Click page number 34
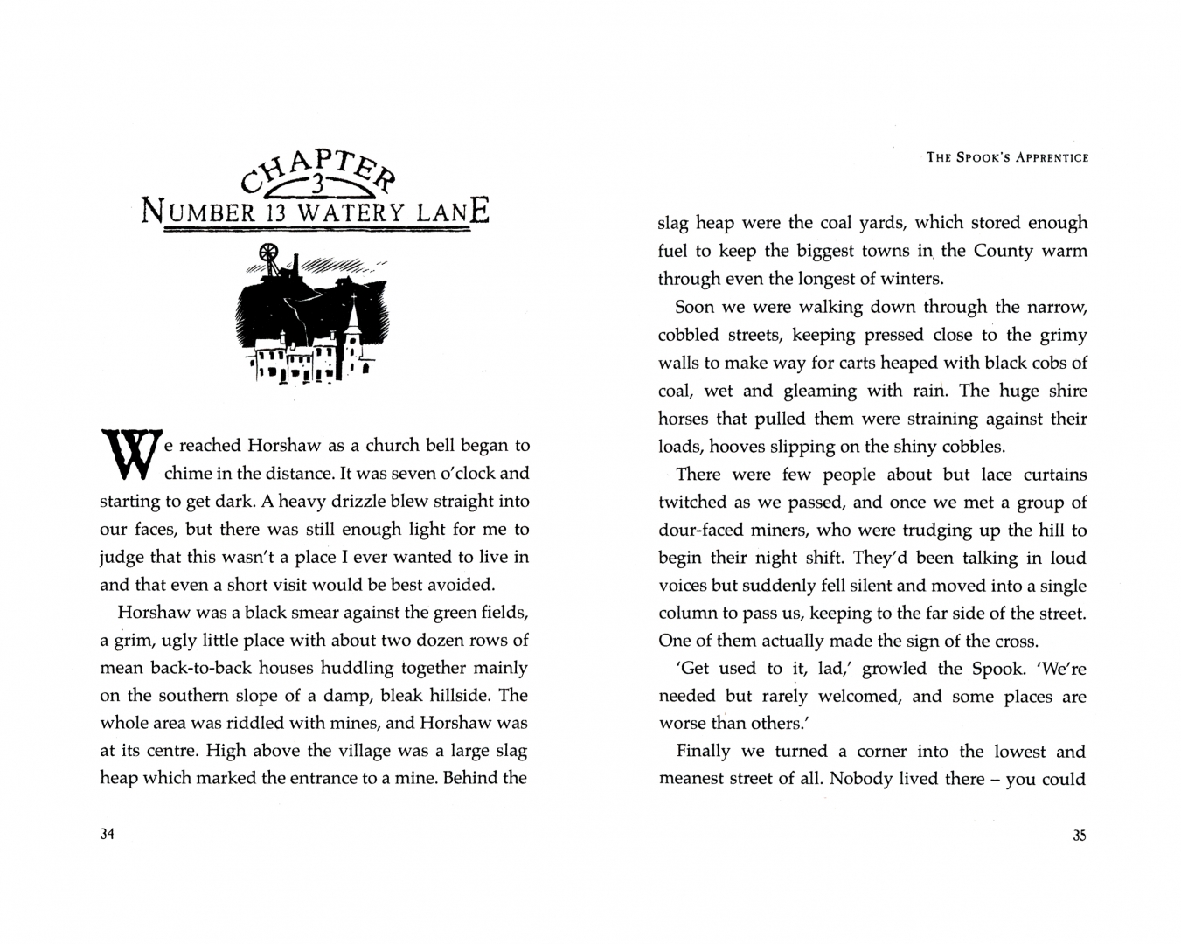pyautogui.click(x=108, y=834)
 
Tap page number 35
pyautogui.click(x=1079, y=835)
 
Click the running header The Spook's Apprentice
pyautogui.click(x=1007, y=158)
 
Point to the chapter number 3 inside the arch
pyautogui.click(x=317, y=184)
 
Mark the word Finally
pyautogui.click(x=704, y=752)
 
